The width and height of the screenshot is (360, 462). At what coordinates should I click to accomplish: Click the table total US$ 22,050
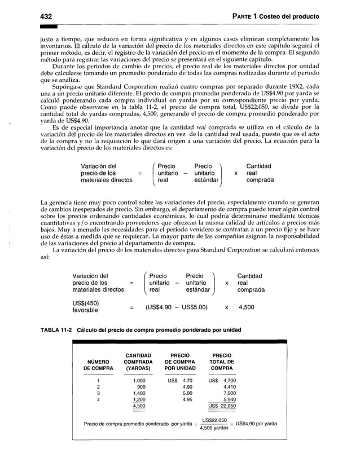pos(222,406)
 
